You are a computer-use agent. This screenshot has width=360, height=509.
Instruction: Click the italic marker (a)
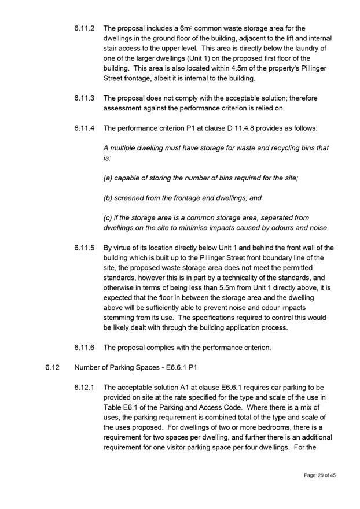(108, 178)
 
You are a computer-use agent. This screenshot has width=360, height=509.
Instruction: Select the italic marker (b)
(108, 198)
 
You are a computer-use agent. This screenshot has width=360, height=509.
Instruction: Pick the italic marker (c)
(108, 217)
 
